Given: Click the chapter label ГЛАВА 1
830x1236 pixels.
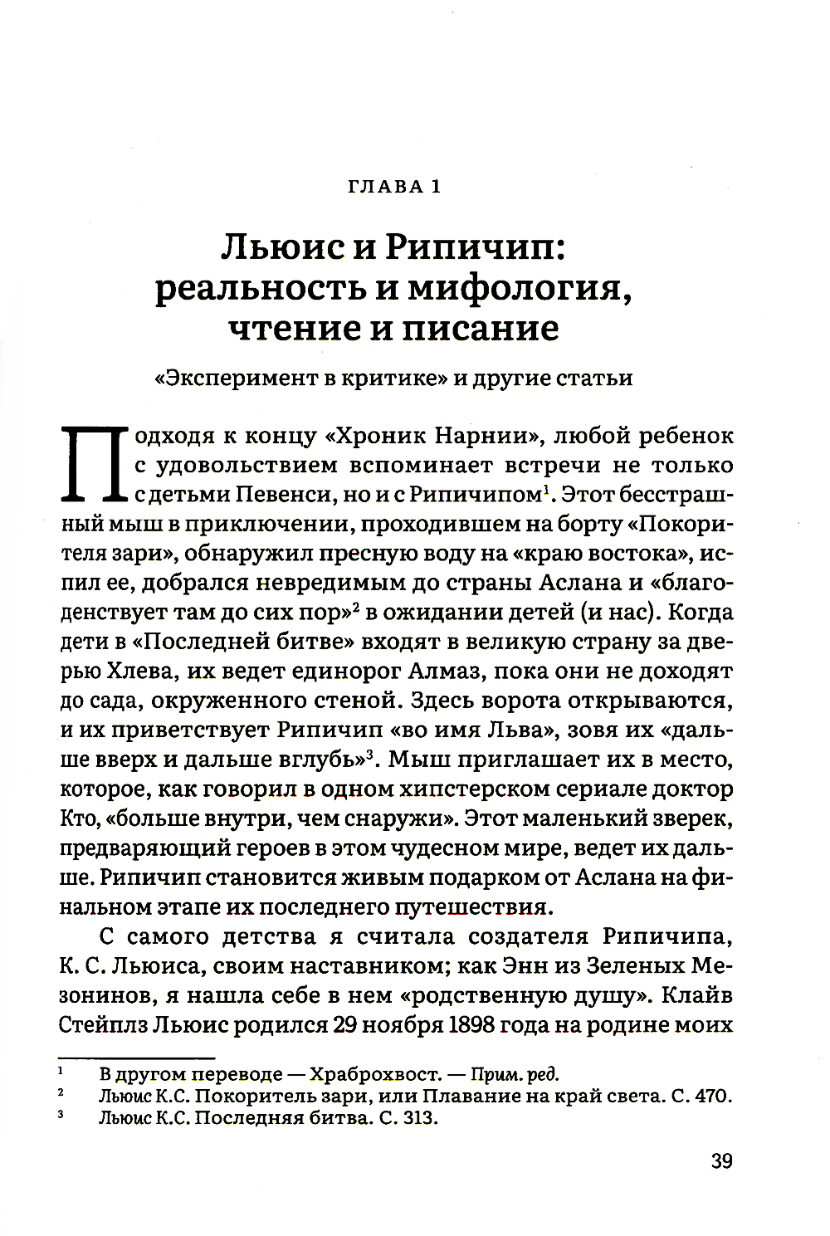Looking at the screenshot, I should pos(392,187).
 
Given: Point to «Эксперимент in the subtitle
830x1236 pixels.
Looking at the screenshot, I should pos(232,379).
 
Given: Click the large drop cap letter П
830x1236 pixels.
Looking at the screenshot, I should pos(90,465).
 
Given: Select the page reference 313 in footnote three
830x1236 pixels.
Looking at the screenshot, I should pos(417,1118).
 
